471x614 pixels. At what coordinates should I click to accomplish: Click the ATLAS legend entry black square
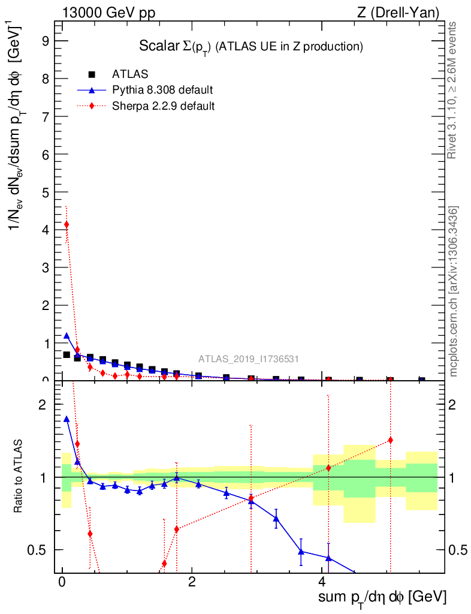point(92,74)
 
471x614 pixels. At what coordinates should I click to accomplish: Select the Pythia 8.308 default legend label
point(162,91)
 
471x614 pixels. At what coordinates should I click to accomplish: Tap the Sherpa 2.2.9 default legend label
point(163,106)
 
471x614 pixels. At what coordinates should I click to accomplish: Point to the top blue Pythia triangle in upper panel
point(67,336)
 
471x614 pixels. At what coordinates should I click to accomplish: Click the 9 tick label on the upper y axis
point(44,41)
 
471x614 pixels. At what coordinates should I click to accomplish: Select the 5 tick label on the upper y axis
point(44,193)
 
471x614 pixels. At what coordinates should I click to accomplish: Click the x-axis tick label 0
point(62,582)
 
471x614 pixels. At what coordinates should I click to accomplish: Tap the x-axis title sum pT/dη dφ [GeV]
point(382,597)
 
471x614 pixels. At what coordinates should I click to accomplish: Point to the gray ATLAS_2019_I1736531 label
point(249,359)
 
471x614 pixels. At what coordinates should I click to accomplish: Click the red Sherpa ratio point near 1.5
point(390,440)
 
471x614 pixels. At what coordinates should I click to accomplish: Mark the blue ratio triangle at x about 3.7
point(301,552)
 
